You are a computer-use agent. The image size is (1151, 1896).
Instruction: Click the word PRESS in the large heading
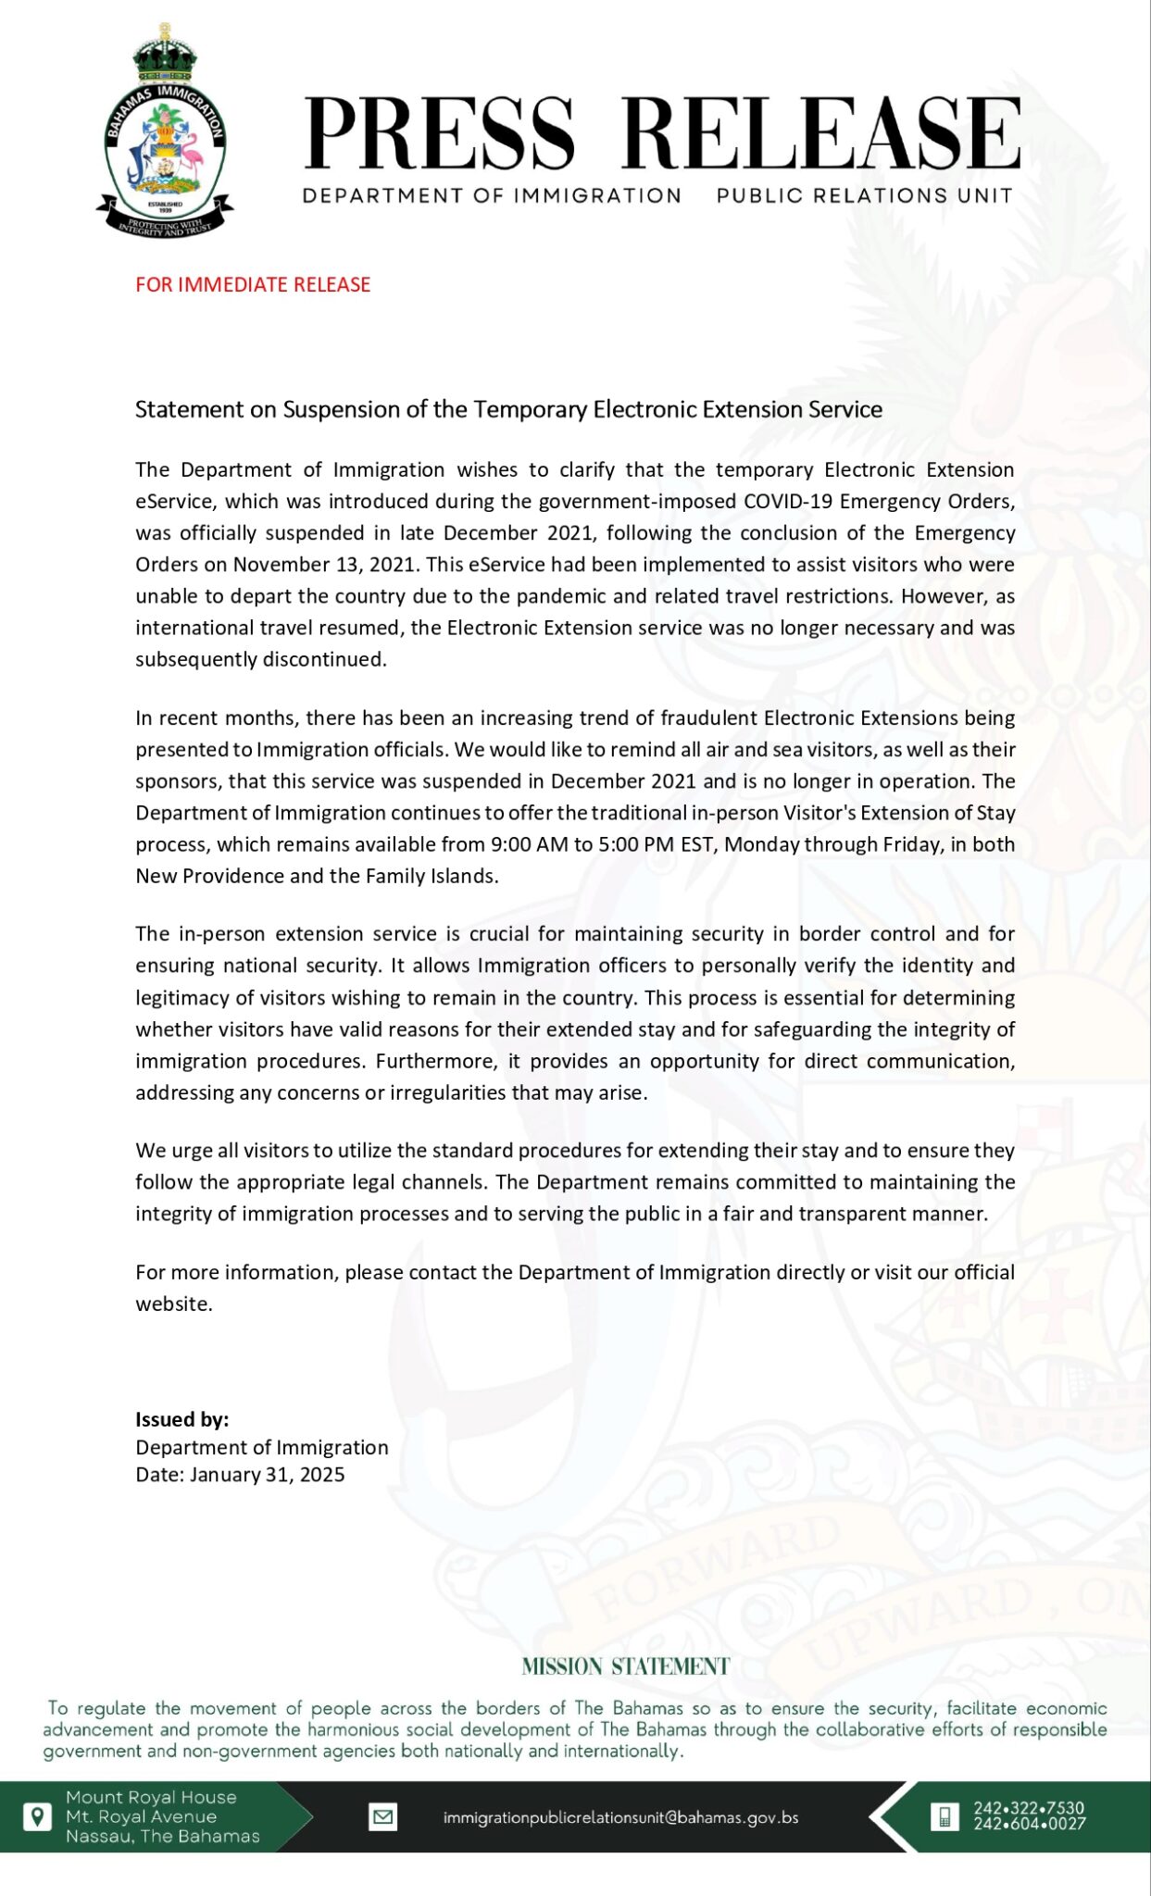tap(440, 134)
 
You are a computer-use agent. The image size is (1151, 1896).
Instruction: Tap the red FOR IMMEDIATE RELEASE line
tap(253, 284)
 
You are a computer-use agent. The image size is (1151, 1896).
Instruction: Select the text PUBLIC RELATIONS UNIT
tap(864, 195)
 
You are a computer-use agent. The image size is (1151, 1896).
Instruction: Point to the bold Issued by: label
tap(182, 1419)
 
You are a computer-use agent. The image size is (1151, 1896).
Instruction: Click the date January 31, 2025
tap(268, 1475)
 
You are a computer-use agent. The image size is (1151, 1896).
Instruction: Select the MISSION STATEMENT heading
tap(625, 1667)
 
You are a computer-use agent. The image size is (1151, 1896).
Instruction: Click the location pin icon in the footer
tap(36, 1816)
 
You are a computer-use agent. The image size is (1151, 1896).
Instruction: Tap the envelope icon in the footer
tap(382, 1817)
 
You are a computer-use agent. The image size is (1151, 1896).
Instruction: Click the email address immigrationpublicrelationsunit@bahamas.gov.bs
tap(620, 1817)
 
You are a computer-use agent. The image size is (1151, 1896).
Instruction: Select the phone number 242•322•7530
tap(1028, 1807)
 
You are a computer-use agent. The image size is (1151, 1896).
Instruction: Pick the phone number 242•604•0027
tap(1028, 1824)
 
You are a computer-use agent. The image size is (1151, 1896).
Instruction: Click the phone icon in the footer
tap(944, 1816)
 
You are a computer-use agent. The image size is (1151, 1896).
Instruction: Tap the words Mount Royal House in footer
tap(151, 1797)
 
